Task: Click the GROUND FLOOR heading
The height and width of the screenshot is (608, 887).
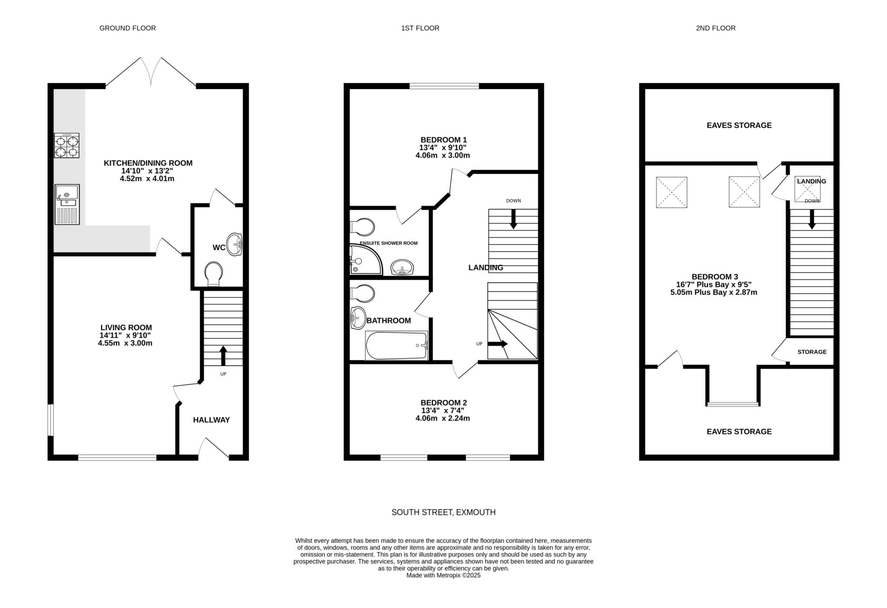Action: (x=128, y=28)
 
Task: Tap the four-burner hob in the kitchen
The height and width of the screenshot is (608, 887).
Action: (x=67, y=146)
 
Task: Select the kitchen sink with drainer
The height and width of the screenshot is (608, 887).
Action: (x=67, y=204)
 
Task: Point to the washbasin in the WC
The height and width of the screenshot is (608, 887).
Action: (x=235, y=245)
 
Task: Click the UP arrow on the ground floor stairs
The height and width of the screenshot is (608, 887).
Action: (x=223, y=355)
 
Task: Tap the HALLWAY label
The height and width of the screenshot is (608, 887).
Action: (x=211, y=420)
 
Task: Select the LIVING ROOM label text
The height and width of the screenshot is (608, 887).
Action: (x=126, y=328)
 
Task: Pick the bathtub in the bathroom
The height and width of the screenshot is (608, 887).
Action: (x=397, y=345)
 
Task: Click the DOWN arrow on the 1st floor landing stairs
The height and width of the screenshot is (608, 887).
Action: (x=514, y=219)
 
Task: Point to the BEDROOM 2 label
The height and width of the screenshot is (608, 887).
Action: (x=444, y=403)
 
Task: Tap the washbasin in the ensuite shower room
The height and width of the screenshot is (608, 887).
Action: (x=403, y=267)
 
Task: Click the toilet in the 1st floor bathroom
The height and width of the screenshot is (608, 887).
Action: (x=363, y=293)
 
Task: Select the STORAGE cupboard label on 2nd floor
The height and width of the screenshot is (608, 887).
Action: (x=812, y=352)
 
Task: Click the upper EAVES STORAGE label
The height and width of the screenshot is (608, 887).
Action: (x=739, y=125)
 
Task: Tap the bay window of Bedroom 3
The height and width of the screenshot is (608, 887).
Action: (x=733, y=404)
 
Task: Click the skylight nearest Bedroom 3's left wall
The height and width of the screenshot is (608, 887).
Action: (x=672, y=192)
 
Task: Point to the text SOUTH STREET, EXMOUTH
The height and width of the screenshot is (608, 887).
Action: (x=443, y=512)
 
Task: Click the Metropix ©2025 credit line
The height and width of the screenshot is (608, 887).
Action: (x=443, y=575)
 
